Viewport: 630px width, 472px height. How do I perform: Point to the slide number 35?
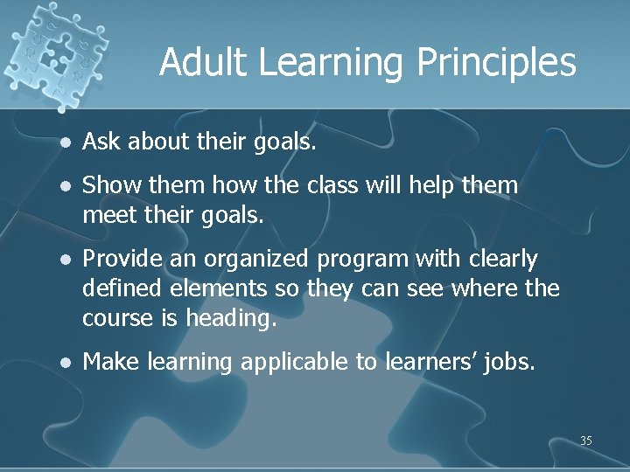[585, 441]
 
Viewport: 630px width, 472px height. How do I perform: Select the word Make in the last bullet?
[110, 360]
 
